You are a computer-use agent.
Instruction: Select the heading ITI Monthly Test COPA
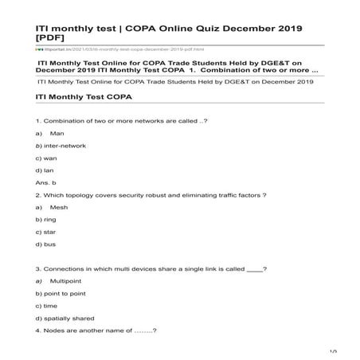(x=84, y=96)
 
